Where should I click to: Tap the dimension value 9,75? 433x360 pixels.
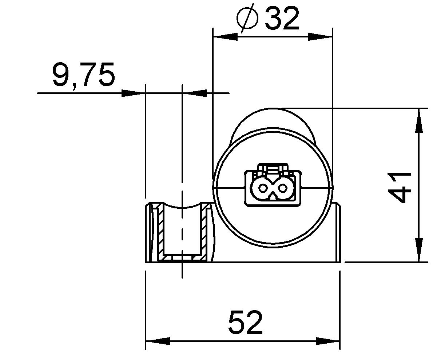coord(84,75)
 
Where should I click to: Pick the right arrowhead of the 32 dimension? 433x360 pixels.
coord(320,37)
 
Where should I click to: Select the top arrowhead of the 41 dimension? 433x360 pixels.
coord(419,120)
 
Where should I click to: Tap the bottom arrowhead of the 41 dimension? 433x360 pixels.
coord(419,250)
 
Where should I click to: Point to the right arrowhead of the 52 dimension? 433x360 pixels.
coord(327,341)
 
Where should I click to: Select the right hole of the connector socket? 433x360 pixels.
coord(283,188)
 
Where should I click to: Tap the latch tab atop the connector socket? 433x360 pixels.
coord(273,168)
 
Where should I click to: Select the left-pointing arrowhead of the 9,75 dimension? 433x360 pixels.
coord(195,93)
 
